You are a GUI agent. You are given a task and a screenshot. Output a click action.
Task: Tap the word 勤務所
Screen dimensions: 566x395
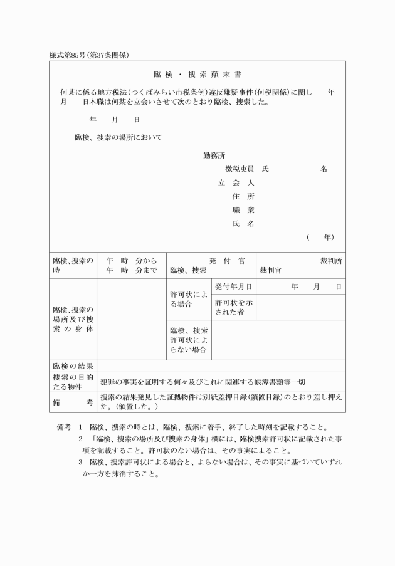coord(214,155)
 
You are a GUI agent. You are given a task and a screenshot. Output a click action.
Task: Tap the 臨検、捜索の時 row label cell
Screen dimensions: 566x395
coord(73,266)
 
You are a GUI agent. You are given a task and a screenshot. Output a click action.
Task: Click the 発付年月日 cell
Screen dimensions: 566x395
coord(233,286)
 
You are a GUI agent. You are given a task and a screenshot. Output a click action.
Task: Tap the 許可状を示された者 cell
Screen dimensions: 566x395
coord(233,307)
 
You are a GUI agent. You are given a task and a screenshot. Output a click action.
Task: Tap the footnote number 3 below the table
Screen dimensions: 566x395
coord(80,463)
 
